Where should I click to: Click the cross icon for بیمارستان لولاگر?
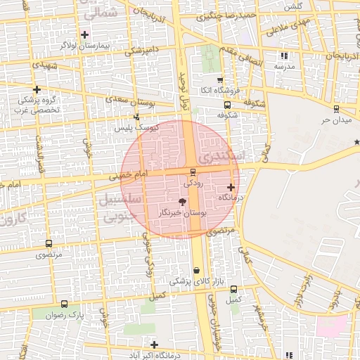click(85, 34)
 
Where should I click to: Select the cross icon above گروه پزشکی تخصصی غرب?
click(37, 89)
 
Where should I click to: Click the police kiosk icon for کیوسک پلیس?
click(136, 117)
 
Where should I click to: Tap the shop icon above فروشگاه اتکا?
click(219, 79)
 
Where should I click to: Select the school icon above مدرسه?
click(284, 55)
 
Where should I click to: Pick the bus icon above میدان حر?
click(336, 109)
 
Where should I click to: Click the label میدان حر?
click(335, 120)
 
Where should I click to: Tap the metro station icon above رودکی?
click(193, 172)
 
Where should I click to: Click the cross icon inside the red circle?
click(231, 187)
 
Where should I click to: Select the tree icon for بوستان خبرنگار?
click(183, 202)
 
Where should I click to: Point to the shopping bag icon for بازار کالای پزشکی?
click(196, 270)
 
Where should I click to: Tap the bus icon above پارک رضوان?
click(65, 304)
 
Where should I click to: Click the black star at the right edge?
click(356, 142)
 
